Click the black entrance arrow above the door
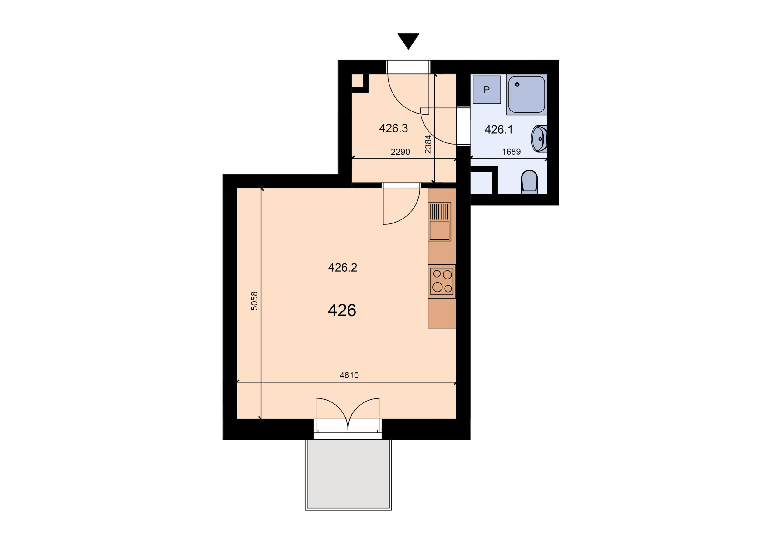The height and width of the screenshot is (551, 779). pyautogui.click(x=408, y=41)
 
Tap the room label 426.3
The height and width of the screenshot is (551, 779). pyautogui.click(x=393, y=128)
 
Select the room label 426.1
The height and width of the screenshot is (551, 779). pyautogui.click(x=498, y=129)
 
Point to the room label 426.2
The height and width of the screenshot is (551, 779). pyautogui.click(x=342, y=268)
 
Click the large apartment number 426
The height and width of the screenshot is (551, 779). pyautogui.click(x=342, y=310)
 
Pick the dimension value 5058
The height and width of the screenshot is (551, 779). pyautogui.click(x=254, y=301)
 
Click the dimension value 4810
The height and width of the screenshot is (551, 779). pyautogui.click(x=349, y=375)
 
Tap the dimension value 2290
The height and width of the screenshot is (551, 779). pyautogui.click(x=400, y=152)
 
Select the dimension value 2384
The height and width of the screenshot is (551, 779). pyautogui.click(x=428, y=144)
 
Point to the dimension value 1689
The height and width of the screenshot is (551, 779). pyautogui.click(x=511, y=152)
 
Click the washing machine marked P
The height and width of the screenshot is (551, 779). pyautogui.click(x=487, y=89)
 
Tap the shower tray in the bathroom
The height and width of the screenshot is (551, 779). pyautogui.click(x=526, y=94)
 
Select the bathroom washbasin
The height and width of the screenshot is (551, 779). pyautogui.click(x=539, y=139)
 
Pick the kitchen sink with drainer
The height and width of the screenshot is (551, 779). pyautogui.click(x=440, y=222)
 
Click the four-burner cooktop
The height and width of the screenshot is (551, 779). pyautogui.click(x=442, y=282)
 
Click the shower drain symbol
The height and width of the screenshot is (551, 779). pyautogui.click(x=517, y=85)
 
